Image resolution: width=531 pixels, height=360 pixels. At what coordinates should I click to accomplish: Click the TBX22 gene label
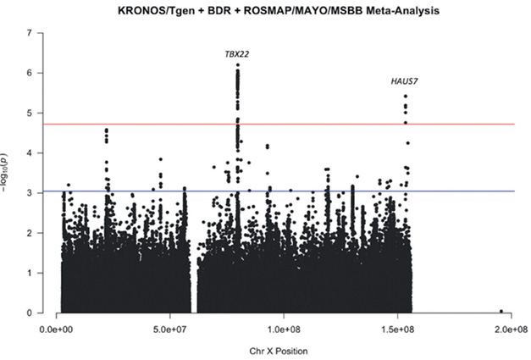tap(237, 54)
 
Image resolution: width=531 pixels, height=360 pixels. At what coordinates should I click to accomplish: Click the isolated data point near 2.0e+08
tap(501, 311)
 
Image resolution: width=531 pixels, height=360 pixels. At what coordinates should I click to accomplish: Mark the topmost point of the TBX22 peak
tap(238, 65)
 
